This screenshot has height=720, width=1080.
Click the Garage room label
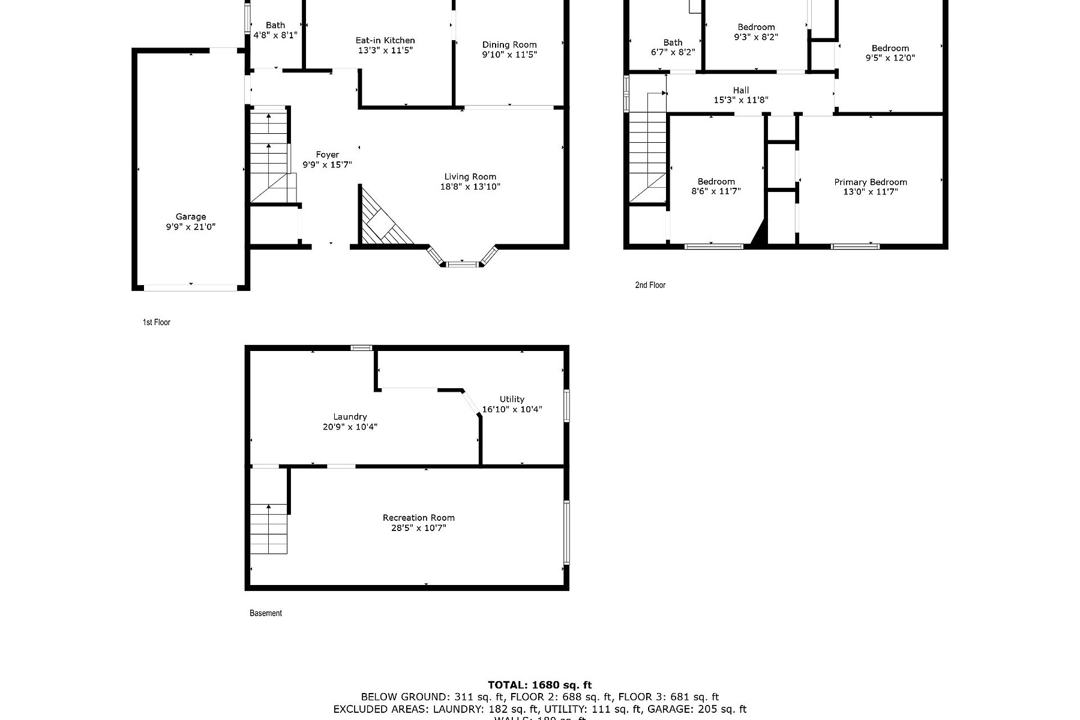pos(191,217)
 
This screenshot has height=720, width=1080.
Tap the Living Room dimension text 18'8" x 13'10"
pos(470,187)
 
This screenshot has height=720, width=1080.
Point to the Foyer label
pos(328,155)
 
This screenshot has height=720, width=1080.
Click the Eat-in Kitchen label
pos(385,40)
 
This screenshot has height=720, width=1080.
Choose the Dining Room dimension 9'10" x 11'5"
pos(509,55)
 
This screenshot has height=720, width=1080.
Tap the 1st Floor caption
pos(157,322)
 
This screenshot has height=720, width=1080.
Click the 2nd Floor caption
pos(650,285)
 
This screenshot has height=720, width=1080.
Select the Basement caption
pos(266,613)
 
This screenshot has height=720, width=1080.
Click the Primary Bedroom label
pos(871,182)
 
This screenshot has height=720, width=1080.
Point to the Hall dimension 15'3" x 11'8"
pos(741,100)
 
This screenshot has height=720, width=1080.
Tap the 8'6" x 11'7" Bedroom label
pos(716,182)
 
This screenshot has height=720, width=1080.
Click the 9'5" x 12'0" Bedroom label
pos(890,48)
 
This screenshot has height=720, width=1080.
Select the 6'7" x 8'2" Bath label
pos(673,43)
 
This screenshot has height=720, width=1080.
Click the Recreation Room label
pos(419,518)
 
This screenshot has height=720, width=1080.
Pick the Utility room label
pos(512,399)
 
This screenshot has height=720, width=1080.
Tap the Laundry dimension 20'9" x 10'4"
pos(350,427)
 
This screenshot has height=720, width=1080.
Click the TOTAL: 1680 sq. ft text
pos(539,685)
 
